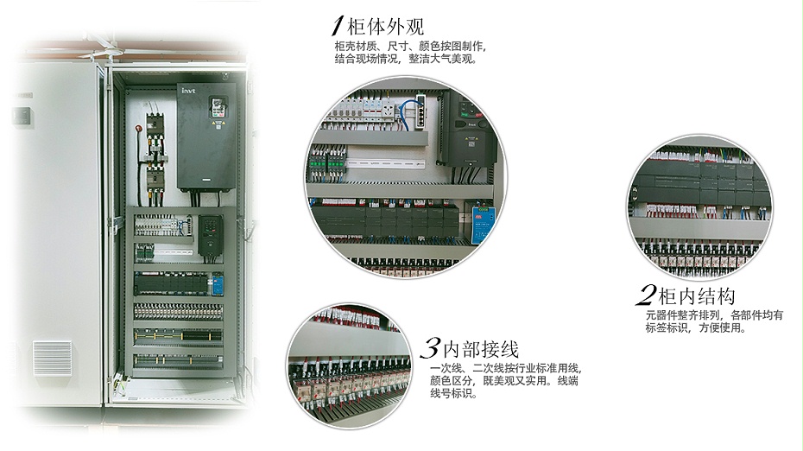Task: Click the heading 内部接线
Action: click(x=480, y=349)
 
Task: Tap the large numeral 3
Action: click(x=429, y=349)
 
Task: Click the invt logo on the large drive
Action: click(x=189, y=88)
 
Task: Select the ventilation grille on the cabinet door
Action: click(x=53, y=358)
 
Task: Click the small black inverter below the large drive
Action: click(x=210, y=234)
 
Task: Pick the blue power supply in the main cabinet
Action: click(x=218, y=284)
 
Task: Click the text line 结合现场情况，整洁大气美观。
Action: click(x=404, y=60)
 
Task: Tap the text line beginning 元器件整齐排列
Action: click(x=713, y=316)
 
